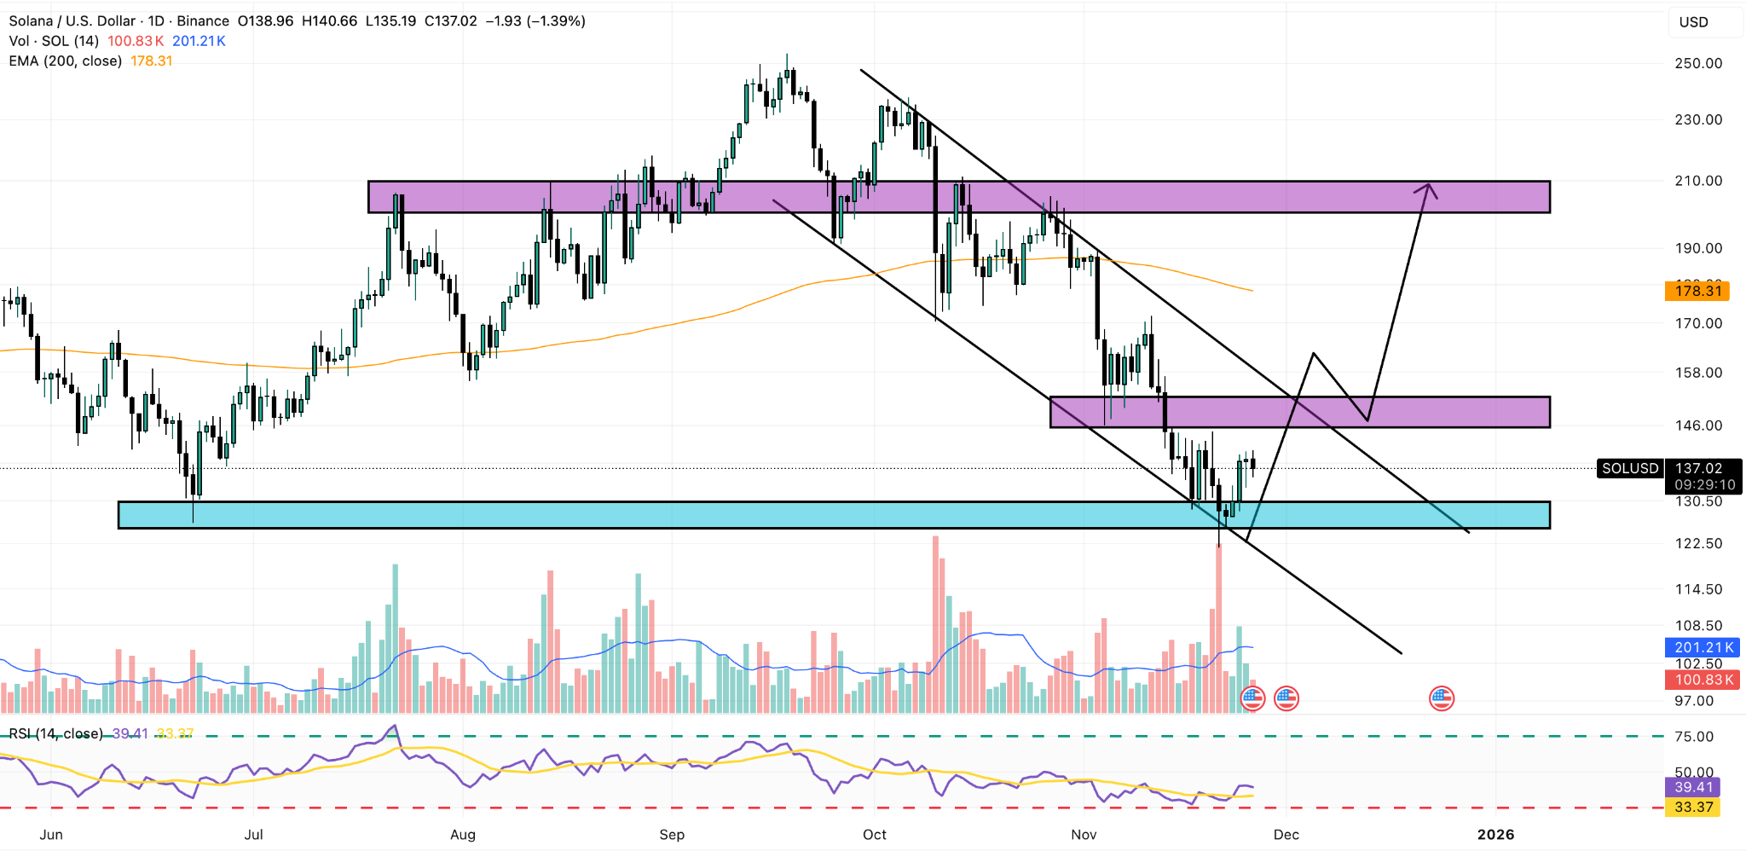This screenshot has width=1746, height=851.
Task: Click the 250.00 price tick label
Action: pyautogui.click(x=1698, y=63)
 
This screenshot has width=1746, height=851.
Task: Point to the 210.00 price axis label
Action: pyautogui.click(x=1698, y=181)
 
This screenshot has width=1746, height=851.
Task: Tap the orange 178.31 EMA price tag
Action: pyautogui.click(x=1697, y=291)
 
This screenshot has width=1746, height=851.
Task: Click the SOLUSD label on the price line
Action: pyautogui.click(x=1629, y=468)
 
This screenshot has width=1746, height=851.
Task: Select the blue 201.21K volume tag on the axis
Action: pyautogui.click(x=1703, y=647)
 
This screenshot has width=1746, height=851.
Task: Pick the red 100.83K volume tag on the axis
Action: pyautogui.click(x=1703, y=680)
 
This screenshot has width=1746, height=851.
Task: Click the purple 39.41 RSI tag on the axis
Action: pyautogui.click(x=1692, y=787)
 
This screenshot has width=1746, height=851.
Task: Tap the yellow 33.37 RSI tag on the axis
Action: pyautogui.click(x=1692, y=807)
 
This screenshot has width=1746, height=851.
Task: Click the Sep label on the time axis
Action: pyautogui.click(x=672, y=835)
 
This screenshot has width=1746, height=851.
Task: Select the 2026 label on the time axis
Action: pyautogui.click(x=1495, y=835)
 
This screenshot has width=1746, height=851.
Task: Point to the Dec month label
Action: pyautogui.click(x=1286, y=835)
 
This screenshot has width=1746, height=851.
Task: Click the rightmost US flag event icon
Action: pyautogui.click(x=1442, y=699)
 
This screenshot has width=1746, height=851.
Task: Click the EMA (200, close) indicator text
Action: pyautogui.click(x=65, y=61)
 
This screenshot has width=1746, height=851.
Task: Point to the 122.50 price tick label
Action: pyautogui.click(x=1698, y=543)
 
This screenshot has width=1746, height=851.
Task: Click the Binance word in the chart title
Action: pyautogui.click(x=203, y=21)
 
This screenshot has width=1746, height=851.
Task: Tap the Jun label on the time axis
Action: pyautogui.click(x=51, y=835)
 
